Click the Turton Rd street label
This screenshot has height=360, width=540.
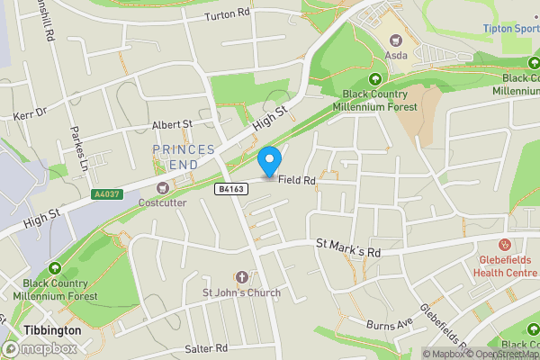226,14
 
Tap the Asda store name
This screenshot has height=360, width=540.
396,55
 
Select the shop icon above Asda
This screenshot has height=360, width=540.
396,39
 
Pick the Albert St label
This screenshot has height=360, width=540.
172,124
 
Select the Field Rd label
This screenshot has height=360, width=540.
296,181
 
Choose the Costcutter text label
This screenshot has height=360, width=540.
163,203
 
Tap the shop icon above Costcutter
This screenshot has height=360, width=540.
163,188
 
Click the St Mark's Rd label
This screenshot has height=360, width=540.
347,247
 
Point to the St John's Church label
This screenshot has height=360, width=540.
241,292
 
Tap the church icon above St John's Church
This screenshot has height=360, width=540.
241,276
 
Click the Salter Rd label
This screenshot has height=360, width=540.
207,348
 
